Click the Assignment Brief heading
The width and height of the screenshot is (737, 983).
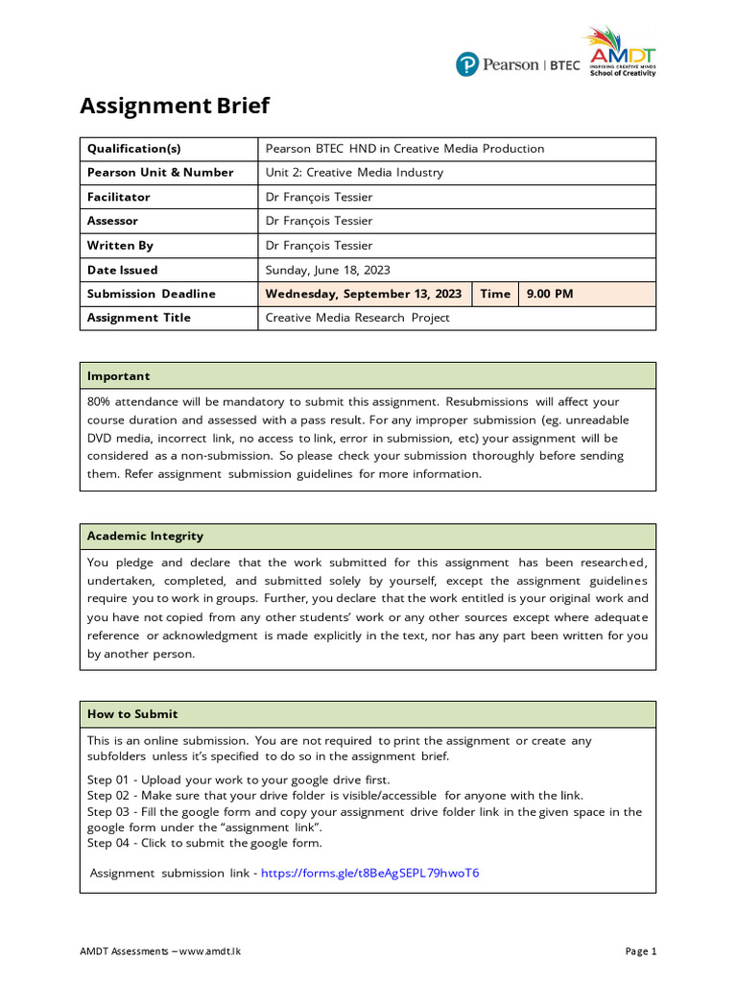[x=175, y=106]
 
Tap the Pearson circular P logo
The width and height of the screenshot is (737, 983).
[x=467, y=64]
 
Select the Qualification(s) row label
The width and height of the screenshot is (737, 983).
[x=133, y=149]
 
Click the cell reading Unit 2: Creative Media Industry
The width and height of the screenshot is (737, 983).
[x=354, y=173]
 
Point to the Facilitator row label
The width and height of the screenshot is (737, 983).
[x=118, y=197]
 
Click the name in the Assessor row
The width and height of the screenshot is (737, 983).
[x=319, y=221]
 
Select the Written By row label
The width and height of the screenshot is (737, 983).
[x=120, y=246]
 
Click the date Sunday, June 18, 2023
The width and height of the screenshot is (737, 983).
[x=327, y=270]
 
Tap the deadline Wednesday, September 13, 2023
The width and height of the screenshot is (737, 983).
[x=363, y=294]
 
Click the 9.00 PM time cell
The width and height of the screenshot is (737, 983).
[x=549, y=294]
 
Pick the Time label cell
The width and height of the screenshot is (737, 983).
[x=495, y=294]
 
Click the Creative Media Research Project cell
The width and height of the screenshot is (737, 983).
[x=357, y=318]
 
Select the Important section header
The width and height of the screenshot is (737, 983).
[x=118, y=375]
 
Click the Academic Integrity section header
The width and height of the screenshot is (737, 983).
[x=145, y=536]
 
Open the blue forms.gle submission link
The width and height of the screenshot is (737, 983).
[x=369, y=873]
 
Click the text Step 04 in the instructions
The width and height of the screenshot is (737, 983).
[x=108, y=843]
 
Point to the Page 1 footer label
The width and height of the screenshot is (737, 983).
[x=640, y=951]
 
